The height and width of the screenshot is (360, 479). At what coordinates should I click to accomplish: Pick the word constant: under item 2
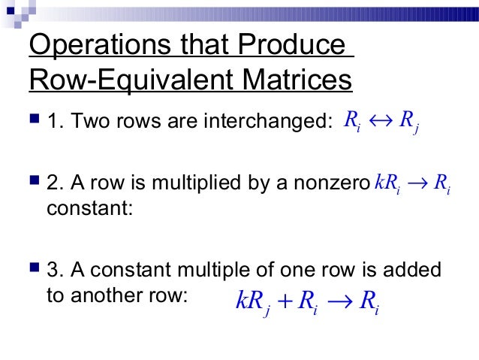pos(89,207)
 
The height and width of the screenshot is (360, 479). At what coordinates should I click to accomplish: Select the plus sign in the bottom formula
pos(284,302)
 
